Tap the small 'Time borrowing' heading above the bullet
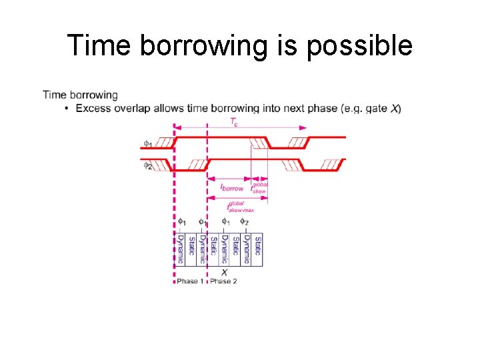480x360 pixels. tap(80, 95)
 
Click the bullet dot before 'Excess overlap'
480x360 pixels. tap(67, 108)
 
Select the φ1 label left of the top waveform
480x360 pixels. tap(147, 143)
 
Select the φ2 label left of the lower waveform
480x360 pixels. tap(147, 165)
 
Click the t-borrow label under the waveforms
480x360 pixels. tap(232, 188)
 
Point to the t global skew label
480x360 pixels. tap(259, 187)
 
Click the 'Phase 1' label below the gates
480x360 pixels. tap(191, 281)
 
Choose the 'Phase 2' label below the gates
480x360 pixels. tap(223, 281)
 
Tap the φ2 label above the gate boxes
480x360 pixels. tap(245, 222)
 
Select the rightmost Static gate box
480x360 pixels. tap(257, 247)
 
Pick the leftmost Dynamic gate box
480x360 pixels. tap(179, 247)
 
